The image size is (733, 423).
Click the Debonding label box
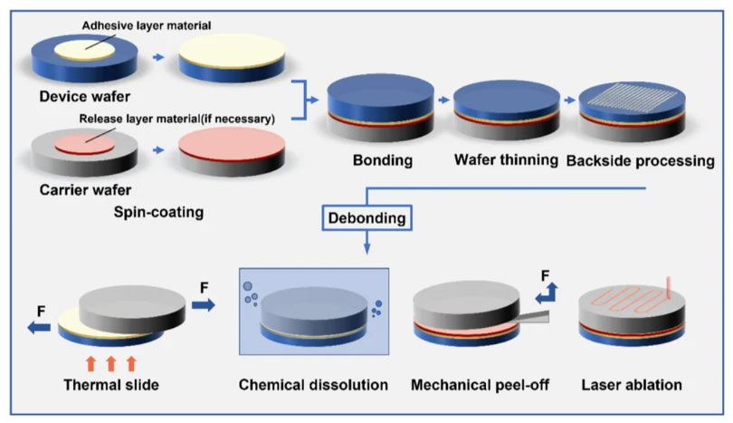click(366, 219)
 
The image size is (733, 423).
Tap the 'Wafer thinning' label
click(506, 161)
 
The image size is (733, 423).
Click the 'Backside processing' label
click(640, 161)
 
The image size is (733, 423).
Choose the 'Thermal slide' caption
click(111, 385)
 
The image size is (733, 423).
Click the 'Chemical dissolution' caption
click(313, 385)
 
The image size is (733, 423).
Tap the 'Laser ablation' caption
click(633, 385)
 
